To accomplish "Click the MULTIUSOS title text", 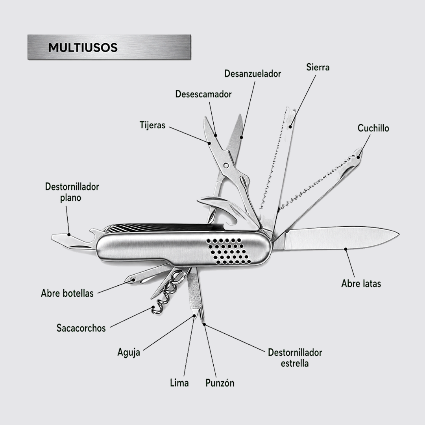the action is pyautogui.click(x=83, y=48).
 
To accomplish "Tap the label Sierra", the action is pyautogui.click(x=318, y=67).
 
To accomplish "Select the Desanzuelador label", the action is pyautogui.click(x=253, y=74).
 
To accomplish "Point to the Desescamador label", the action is pyautogui.click(x=203, y=94).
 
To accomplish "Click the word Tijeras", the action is pyautogui.click(x=152, y=125).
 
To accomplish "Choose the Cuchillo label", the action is pyautogui.click(x=373, y=128).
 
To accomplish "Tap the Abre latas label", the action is pyautogui.click(x=361, y=283).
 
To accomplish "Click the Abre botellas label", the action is pyautogui.click(x=67, y=293).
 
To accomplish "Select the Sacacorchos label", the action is pyautogui.click(x=81, y=328).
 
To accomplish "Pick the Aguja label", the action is pyautogui.click(x=129, y=353).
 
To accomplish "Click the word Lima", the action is pyautogui.click(x=179, y=383).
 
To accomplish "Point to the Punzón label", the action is pyautogui.click(x=220, y=383).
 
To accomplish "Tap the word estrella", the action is pyautogui.click(x=295, y=363).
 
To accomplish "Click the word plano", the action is pyautogui.click(x=70, y=198).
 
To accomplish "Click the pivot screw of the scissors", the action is pyautogui.click(x=226, y=165).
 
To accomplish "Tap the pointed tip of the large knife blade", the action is pyautogui.click(x=399, y=235).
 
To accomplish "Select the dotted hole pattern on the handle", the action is pyautogui.click(x=229, y=251).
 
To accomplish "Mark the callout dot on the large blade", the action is pyautogui.click(x=346, y=249).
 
